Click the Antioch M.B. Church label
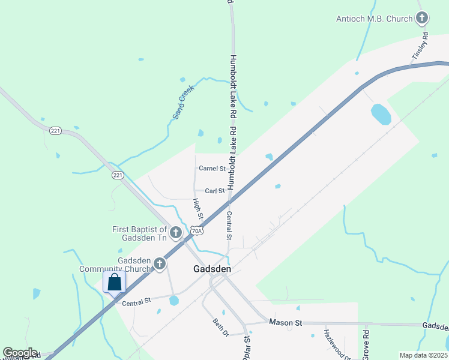[x=375, y=19]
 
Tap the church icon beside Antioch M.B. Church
[x=423, y=18]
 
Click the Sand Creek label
[x=183, y=102]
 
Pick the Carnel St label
[x=212, y=169]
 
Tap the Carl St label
[x=214, y=191]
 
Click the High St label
[x=198, y=208]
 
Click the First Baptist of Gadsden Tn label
[x=140, y=233]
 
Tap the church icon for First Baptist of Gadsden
[x=176, y=232]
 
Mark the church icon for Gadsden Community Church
[x=159, y=263]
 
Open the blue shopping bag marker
[x=114, y=282]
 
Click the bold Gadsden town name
[x=212, y=269]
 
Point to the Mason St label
[x=285, y=323]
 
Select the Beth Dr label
[x=220, y=327]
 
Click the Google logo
[x=20, y=353]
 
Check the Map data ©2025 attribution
[x=423, y=355]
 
